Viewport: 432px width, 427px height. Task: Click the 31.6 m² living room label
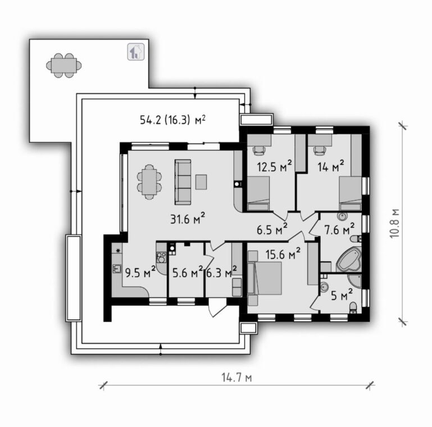187,219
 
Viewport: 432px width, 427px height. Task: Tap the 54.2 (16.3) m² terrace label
173,120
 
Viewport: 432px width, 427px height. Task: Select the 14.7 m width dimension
237,378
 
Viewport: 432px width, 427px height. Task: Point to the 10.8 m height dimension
394,224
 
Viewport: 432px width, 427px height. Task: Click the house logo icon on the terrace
136,52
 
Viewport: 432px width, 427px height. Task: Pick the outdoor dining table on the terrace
63,65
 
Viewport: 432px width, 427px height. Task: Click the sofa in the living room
183,182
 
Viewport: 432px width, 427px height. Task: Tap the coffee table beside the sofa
201,182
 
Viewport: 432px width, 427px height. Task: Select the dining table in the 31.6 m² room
149,182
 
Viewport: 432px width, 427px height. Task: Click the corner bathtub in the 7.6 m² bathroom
349,259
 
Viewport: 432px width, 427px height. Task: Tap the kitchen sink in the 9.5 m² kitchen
117,269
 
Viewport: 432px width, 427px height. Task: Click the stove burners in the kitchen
161,257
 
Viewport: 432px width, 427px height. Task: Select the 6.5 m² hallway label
272,229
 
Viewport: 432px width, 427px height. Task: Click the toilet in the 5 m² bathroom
353,307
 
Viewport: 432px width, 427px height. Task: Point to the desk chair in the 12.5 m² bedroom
259,150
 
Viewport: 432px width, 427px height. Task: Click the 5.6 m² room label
188,272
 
